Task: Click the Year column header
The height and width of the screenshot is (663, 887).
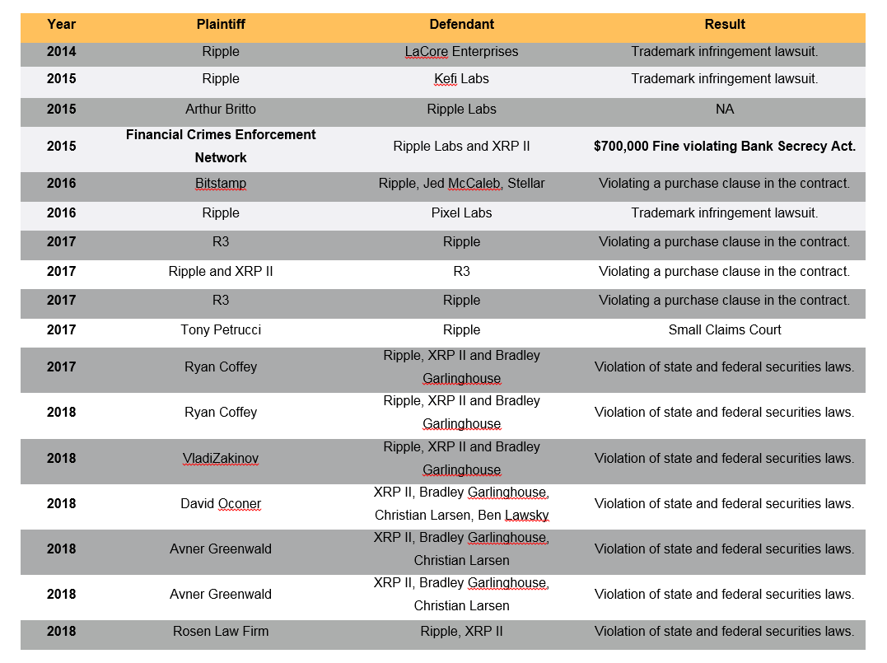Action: pos(61,25)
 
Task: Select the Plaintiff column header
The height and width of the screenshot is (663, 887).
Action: pos(221,25)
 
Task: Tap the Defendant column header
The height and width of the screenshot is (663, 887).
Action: pos(461,25)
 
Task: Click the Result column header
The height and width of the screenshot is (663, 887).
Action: pos(725,25)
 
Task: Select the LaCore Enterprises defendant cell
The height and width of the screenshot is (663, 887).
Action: pos(461,52)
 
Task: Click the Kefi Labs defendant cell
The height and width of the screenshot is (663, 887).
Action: pos(461,79)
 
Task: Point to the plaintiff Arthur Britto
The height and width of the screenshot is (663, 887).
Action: pos(221,110)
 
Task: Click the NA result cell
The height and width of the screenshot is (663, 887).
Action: pos(725,110)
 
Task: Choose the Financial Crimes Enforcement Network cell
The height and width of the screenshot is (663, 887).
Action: pos(221,146)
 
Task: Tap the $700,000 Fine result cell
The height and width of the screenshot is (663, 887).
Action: pos(725,147)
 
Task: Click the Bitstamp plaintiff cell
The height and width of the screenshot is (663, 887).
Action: pos(221,184)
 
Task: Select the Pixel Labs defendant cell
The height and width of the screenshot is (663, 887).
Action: pos(461,213)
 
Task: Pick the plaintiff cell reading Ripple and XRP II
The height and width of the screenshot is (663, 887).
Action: pos(221,272)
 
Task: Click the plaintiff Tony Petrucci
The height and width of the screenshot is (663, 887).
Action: pos(221,330)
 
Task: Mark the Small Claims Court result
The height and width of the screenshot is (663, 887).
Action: pos(725,330)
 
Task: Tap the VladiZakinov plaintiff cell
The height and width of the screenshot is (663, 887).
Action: pos(221,459)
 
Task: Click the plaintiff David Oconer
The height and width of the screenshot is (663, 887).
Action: pos(221,504)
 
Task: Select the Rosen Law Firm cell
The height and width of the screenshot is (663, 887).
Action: pos(221,632)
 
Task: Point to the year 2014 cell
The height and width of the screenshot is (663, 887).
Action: pos(61,52)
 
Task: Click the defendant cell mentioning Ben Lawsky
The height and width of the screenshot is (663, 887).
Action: pos(461,504)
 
